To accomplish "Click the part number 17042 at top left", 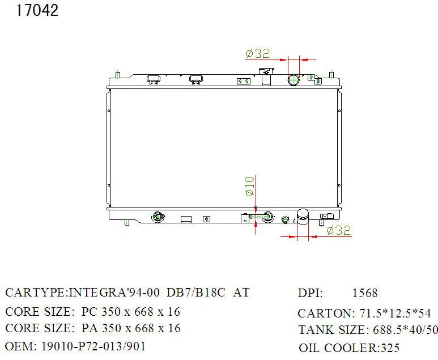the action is [x=37, y=10].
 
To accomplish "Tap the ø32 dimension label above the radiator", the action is [x=258, y=53].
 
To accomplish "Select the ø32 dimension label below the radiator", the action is [x=338, y=230].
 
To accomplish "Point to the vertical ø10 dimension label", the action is [x=250, y=186].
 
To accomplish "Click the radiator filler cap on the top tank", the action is [x=266, y=76].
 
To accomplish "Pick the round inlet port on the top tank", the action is [x=294, y=80].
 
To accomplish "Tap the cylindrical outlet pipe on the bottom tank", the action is [x=303, y=217].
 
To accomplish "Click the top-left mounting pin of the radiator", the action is [x=118, y=75].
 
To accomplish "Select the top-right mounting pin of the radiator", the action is [x=331, y=75].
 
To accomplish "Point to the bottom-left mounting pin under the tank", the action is [x=126, y=222].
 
